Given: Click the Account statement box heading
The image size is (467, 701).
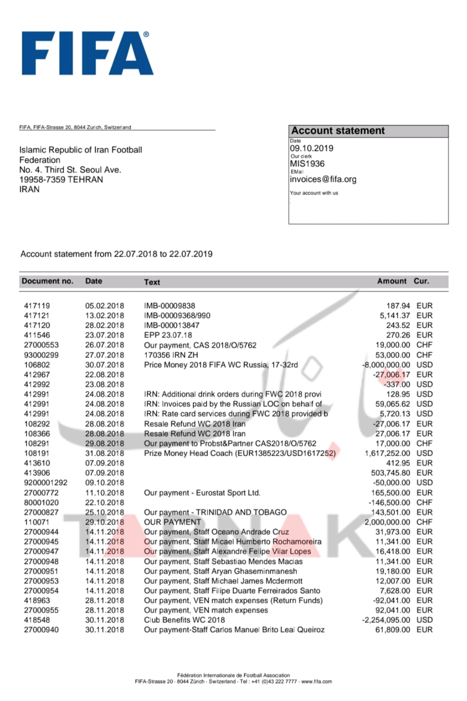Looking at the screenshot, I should click(x=338, y=131).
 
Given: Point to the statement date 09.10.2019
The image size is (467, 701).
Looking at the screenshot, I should click(x=311, y=148).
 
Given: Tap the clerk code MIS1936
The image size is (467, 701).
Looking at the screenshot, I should click(x=307, y=164).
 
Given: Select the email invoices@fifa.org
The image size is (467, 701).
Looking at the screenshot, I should click(x=323, y=179).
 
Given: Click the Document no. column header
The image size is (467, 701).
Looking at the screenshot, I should click(x=47, y=281).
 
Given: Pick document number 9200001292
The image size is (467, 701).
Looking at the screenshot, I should click(x=46, y=483).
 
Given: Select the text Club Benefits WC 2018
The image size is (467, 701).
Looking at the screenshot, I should click(x=184, y=620).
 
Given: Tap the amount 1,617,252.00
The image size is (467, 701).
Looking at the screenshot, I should click(x=387, y=453).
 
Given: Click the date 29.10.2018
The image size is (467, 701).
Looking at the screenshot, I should click(x=104, y=522).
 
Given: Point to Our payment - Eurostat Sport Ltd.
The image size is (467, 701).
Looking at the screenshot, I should click(x=202, y=493).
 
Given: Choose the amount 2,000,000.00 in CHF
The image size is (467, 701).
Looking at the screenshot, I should click(x=387, y=522).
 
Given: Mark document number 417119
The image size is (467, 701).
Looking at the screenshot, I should click(x=37, y=306).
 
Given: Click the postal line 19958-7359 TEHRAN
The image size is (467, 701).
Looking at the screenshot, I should click(x=61, y=179).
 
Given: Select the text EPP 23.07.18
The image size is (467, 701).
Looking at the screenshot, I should click(x=168, y=335).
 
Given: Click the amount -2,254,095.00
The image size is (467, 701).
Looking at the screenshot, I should click(x=386, y=620).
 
